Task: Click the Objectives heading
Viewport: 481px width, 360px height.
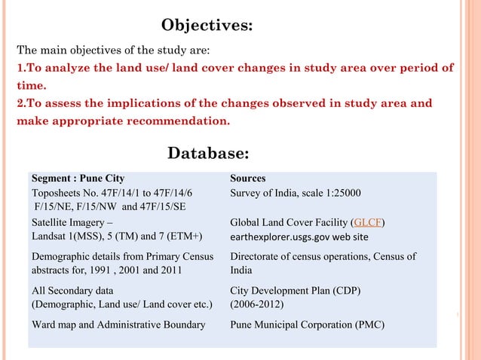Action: [207, 26]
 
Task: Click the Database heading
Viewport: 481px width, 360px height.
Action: [207, 154]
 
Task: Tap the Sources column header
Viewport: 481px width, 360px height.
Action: [247, 178]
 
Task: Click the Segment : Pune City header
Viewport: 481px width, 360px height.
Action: [78, 178]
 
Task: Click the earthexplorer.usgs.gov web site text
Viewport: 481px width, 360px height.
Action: [299, 236]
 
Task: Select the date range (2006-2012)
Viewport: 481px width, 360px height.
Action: [257, 304]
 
